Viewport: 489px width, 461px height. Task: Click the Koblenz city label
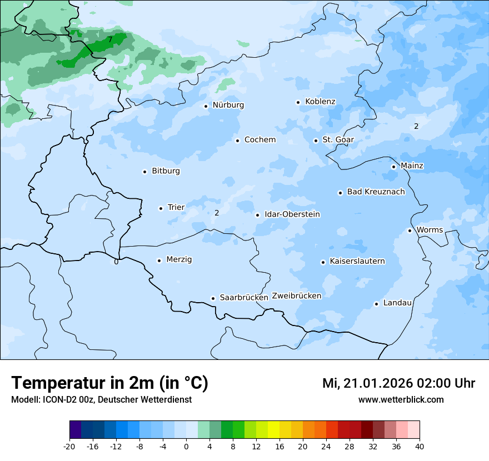(320, 102)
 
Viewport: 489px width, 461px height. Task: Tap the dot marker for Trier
(161, 208)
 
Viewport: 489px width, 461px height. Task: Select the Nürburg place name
(228, 105)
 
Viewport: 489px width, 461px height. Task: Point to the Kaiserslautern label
(357, 261)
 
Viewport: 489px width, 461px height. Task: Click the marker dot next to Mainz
(393, 167)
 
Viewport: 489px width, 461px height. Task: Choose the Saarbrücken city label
(244, 298)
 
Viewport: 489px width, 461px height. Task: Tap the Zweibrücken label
(296, 296)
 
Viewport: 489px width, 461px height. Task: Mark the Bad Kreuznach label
(376, 192)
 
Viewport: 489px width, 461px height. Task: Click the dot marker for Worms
(410, 231)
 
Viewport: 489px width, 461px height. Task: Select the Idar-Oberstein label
(292, 214)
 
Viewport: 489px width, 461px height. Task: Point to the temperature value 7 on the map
(110, 39)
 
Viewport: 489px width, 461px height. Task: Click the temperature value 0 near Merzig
(116, 262)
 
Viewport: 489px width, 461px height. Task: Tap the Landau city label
(397, 303)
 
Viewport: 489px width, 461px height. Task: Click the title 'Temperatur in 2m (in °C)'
(109, 383)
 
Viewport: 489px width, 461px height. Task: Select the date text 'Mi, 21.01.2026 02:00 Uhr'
(398, 383)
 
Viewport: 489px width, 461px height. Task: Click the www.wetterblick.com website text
(401, 400)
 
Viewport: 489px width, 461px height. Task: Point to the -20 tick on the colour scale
(69, 446)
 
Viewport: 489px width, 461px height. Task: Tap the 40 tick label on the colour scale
(419, 446)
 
